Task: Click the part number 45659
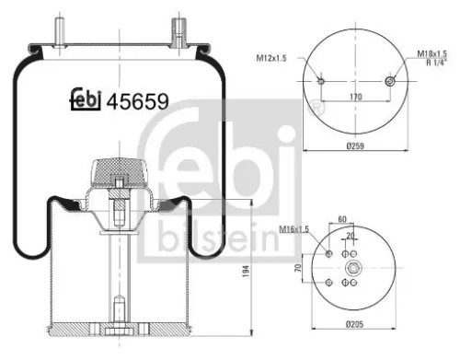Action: tap(137, 102)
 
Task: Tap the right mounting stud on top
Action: tap(174, 28)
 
